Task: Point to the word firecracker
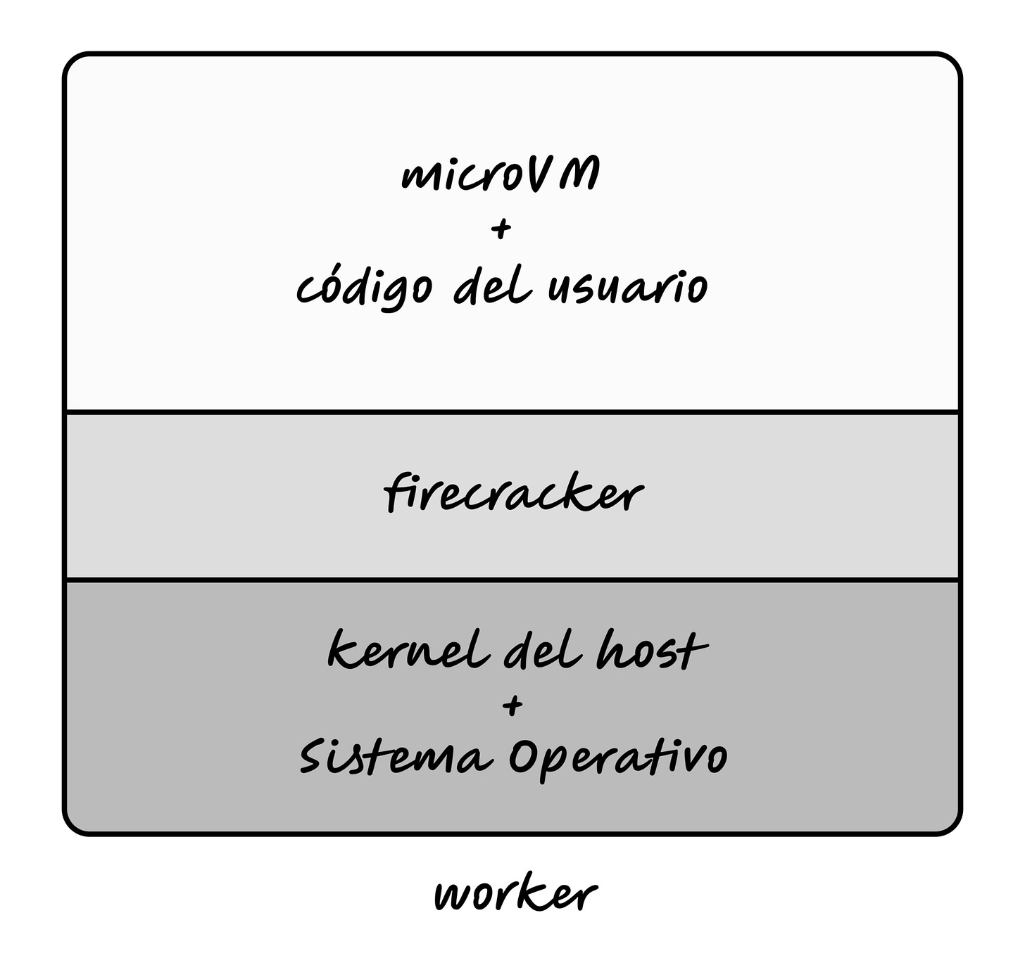point(513,494)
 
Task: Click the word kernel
point(408,651)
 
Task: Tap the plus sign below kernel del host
point(513,705)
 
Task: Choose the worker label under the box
point(515,895)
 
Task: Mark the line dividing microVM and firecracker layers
point(512,411)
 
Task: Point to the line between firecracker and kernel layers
point(512,580)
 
